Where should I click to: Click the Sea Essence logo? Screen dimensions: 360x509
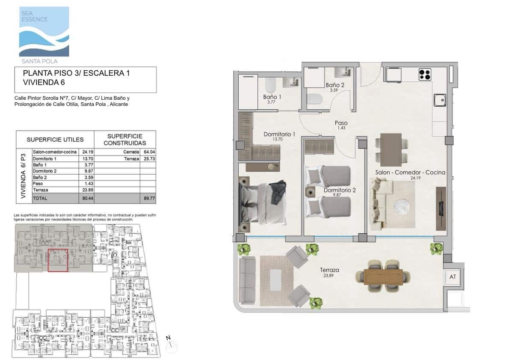point(44,32)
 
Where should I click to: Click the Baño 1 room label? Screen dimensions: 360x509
point(272,97)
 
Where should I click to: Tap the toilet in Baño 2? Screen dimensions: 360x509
point(315,99)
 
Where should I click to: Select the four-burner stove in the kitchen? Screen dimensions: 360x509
point(424,75)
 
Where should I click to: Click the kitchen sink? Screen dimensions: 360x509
point(439,100)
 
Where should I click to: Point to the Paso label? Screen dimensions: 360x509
point(341,123)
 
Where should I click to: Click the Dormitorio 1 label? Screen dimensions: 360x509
point(279,134)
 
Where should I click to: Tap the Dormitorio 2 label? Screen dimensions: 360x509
point(340,190)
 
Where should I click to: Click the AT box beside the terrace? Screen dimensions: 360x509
point(453,277)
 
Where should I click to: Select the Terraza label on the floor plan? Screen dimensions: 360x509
point(329,270)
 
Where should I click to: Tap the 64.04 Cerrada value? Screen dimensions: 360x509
point(148,152)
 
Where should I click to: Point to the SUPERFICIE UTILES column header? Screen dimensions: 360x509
point(55,140)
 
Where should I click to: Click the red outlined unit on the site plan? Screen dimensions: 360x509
point(58,260)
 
